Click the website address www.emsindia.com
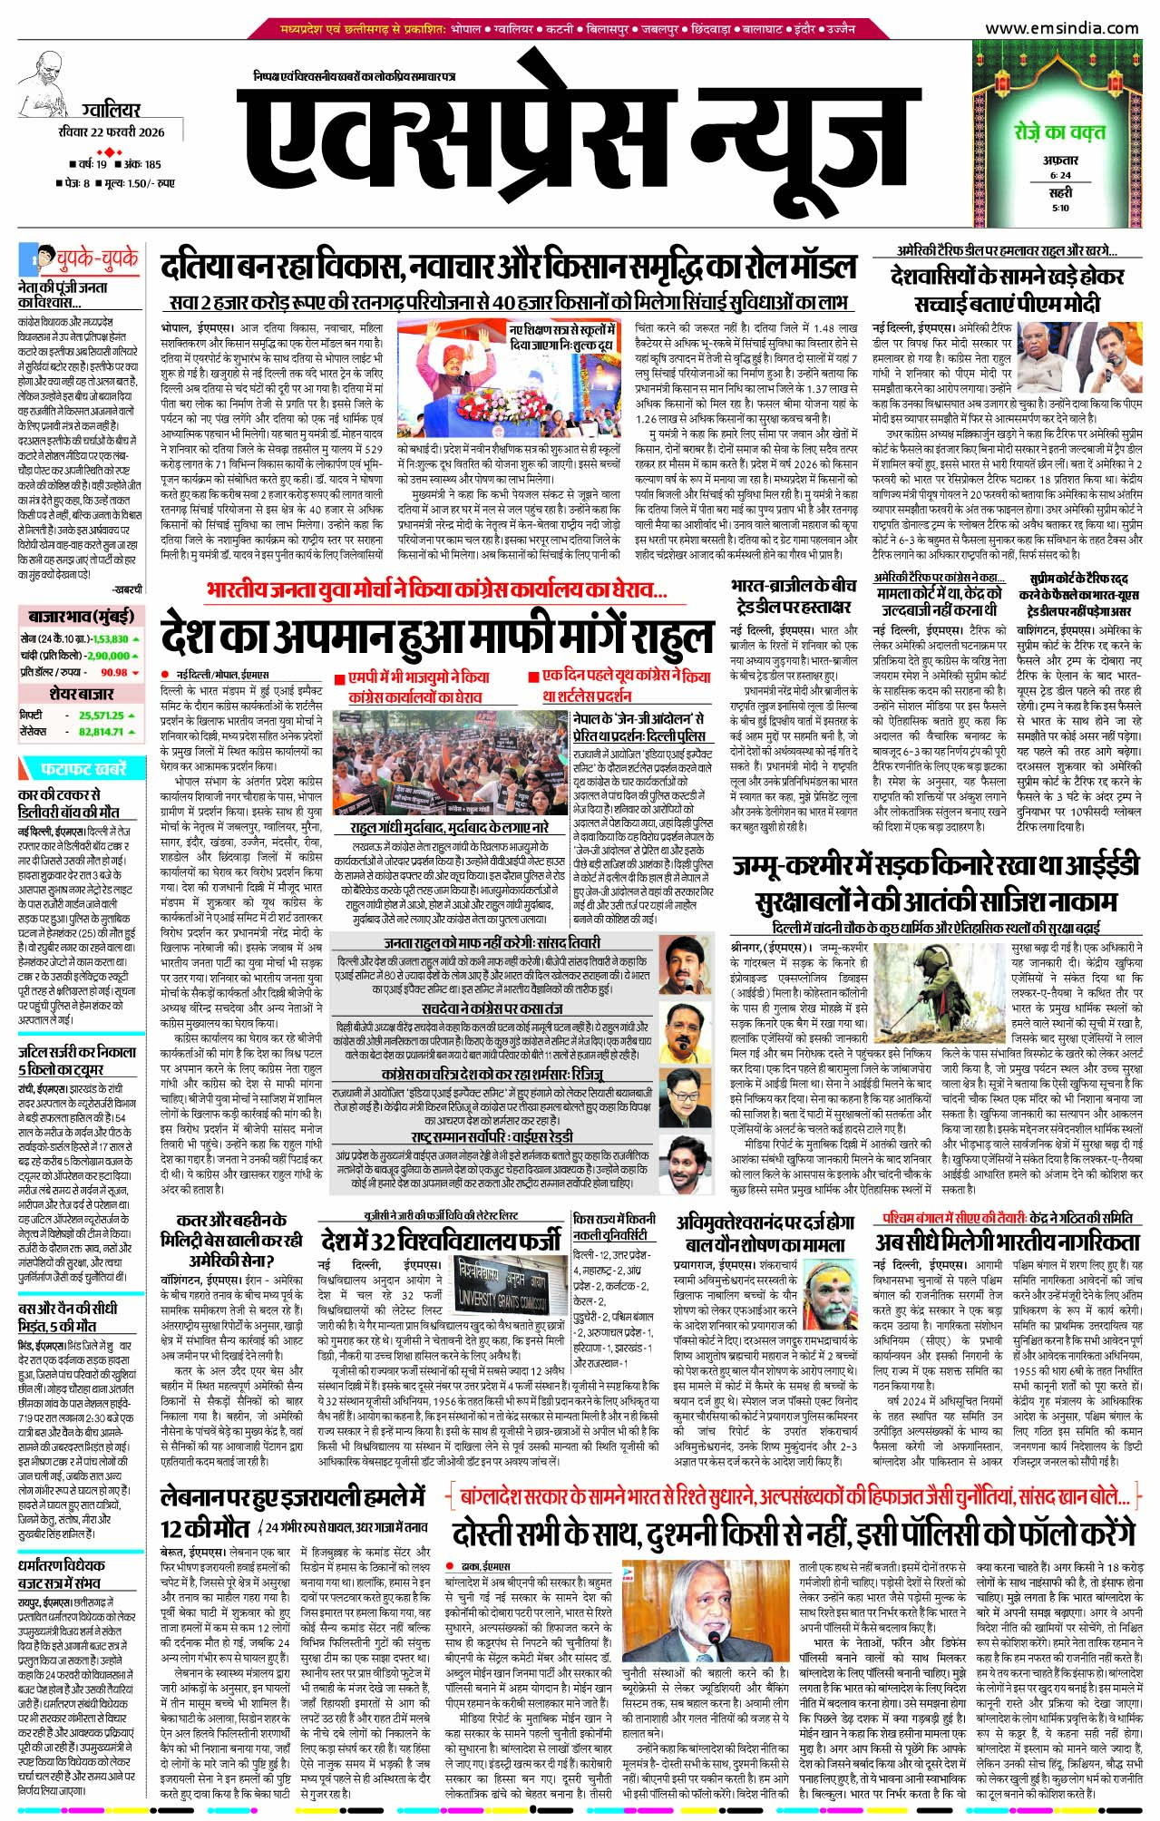pos(1061,28)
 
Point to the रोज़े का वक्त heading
pos(1059,132)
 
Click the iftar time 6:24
pos(1060,175)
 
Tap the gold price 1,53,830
pos(111,639)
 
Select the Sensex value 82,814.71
pos(101,732)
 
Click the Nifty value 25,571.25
pos(101,716)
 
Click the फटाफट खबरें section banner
pos(83,769)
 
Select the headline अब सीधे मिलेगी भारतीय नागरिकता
pos(1007,1242)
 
